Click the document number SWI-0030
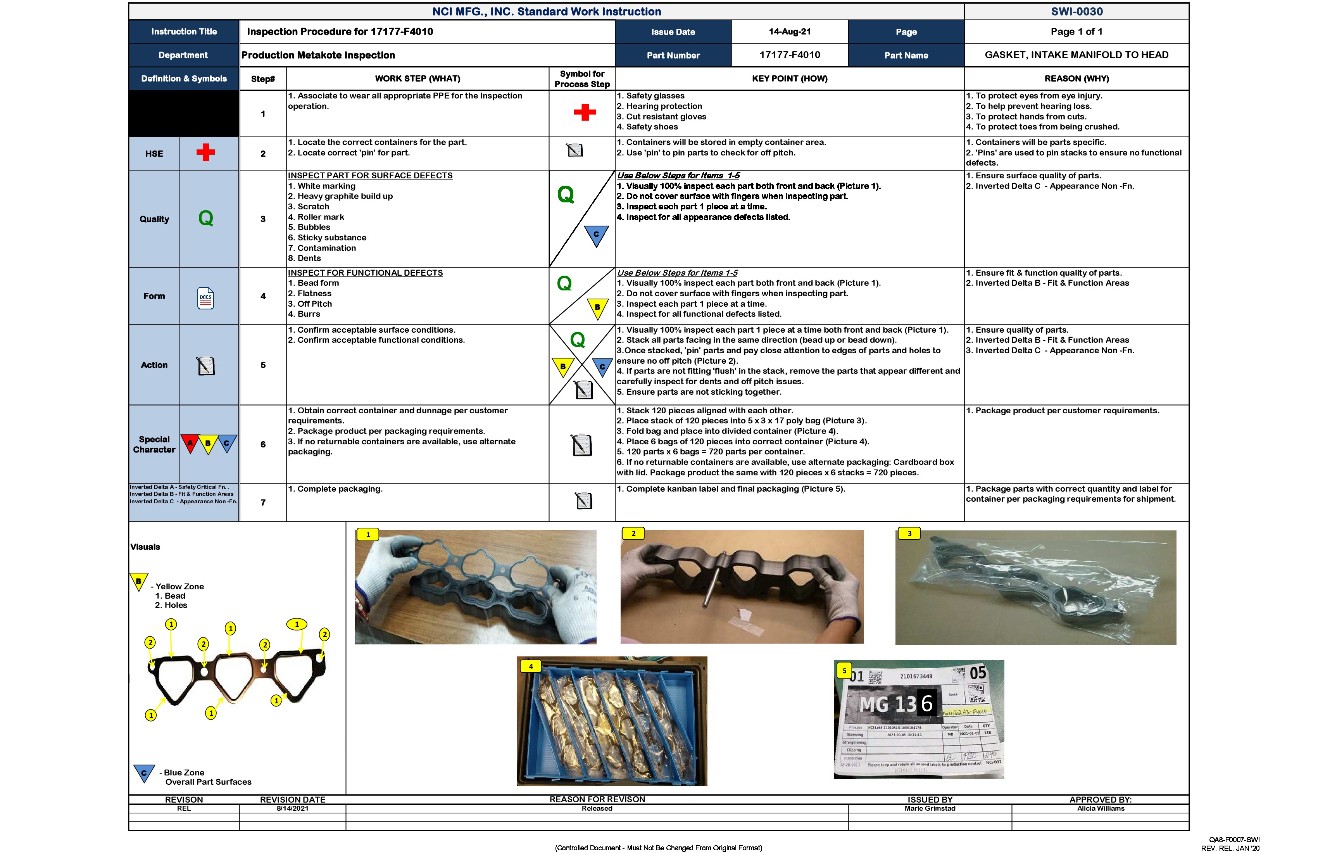[1076, 12]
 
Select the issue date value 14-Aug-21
[789, 31]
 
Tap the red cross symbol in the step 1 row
[584, 112]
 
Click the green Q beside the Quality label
[205, 218]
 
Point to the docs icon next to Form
[205, 298]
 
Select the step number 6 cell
[263, 444]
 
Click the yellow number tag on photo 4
[531, 667]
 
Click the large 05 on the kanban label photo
[978, 673]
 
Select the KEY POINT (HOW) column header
[789, 79]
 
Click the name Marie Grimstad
[930, 809]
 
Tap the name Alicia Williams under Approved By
[1101, 809]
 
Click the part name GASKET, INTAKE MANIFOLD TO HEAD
[1076, 55]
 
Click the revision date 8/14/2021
[292, 809]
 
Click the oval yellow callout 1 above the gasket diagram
[297, 624]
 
